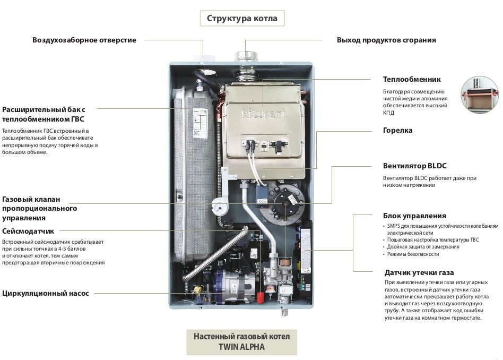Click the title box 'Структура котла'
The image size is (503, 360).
[x=241, y=19]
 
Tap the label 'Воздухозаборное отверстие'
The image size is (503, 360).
[x=84, y=40]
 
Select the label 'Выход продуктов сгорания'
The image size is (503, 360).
[x=386, y=40]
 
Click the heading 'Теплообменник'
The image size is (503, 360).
[x=412, y=80]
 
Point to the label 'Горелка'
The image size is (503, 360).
[x=397, y=131]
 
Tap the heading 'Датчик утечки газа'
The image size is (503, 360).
[x=418, y=272]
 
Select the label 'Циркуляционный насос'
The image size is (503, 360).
[x=46, y=293]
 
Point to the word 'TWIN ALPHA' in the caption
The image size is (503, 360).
[x=241, y=347]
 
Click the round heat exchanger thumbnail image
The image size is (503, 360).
[x=479, y=94]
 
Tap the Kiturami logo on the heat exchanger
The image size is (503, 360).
[x=257, y=113]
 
